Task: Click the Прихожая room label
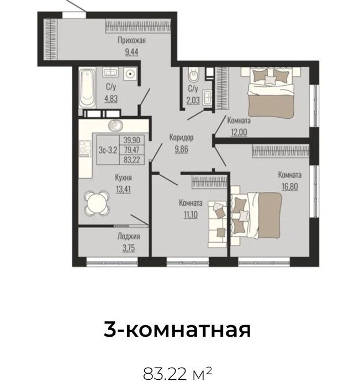point(131,40)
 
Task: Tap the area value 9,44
point(131,52)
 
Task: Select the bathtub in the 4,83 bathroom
point(87,88)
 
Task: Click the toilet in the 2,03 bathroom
point(193,75)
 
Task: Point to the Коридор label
point(181,138)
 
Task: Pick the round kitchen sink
point(115,125)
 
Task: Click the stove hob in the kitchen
point(86,149)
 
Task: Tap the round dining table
point(97,203)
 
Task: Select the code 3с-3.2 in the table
point(108,150)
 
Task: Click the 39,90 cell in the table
point(131,140)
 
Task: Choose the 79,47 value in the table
point(131,150)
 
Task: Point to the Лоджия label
point(129,237)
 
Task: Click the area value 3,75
point(129,248)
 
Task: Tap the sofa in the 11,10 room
point(217,224)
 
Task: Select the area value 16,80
point(290,186)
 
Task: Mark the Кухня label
point(123,177)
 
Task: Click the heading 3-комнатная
point(177,330)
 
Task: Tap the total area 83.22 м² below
point(177,373)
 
